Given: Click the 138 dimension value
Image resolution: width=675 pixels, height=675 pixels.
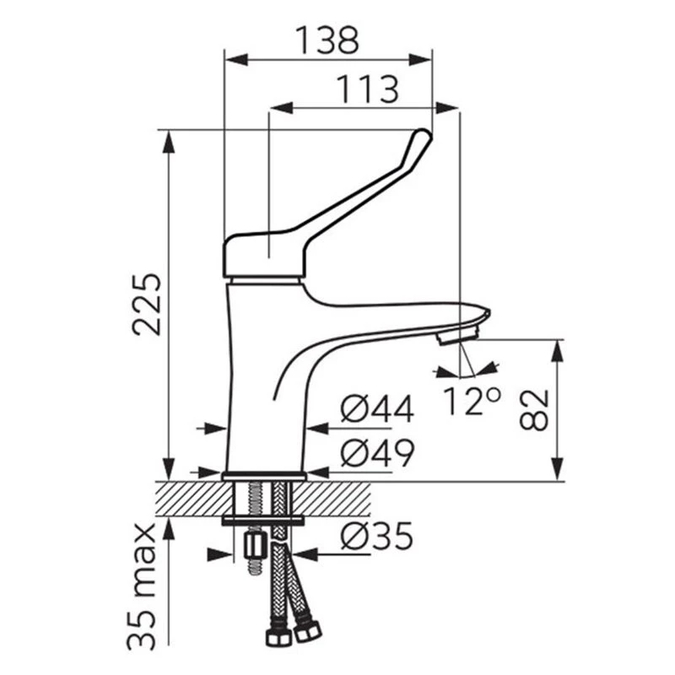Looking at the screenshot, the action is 327,40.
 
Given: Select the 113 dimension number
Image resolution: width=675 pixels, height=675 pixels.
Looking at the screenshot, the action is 367,89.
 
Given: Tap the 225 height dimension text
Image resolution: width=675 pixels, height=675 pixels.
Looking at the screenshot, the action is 146,304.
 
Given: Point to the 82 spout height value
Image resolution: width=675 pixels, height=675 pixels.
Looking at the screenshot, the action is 534,410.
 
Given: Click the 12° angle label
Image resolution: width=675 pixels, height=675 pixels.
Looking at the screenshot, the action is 472,401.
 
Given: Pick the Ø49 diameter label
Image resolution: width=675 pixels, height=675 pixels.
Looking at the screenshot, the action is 377,453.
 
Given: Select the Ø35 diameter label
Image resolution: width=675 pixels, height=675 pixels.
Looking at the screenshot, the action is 377,537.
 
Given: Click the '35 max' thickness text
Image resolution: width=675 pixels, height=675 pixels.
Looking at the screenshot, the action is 141,586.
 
